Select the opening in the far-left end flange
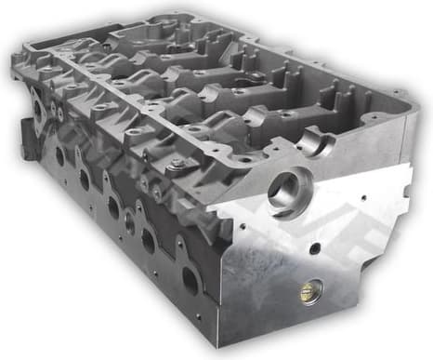click(x=38, y=109)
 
